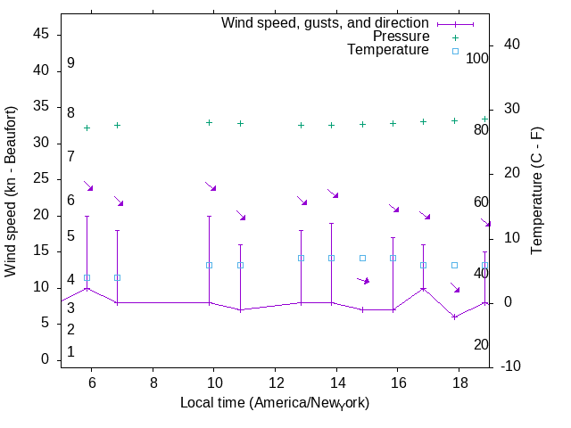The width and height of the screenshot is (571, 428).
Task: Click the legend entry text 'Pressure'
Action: coord(401,37)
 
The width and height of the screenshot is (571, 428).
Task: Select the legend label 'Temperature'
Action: coord(388,50)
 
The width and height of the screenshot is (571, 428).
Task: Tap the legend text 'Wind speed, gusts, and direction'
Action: coord(326,22)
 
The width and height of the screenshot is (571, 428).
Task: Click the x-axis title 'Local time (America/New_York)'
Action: coord(275,403)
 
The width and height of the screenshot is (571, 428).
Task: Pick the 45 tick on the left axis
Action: coord(45,35)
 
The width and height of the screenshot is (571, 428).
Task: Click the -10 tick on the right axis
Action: coord(512,366)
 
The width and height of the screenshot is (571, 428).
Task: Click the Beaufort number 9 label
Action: coord(70,63)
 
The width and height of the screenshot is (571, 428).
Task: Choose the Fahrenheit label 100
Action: coord(478,58)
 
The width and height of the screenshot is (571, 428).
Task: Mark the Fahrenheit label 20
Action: coord(482,344)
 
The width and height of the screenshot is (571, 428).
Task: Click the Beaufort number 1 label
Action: coord(70,352)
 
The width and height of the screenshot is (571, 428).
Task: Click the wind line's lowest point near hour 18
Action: coord(454,317)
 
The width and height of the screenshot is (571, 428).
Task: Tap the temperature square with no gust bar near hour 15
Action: coord(362,258)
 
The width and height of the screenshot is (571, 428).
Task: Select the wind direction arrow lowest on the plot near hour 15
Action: coord(363,280)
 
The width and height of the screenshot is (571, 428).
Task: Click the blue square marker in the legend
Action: coord(455,51)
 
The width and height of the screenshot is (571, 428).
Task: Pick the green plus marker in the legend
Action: coord(455,37)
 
